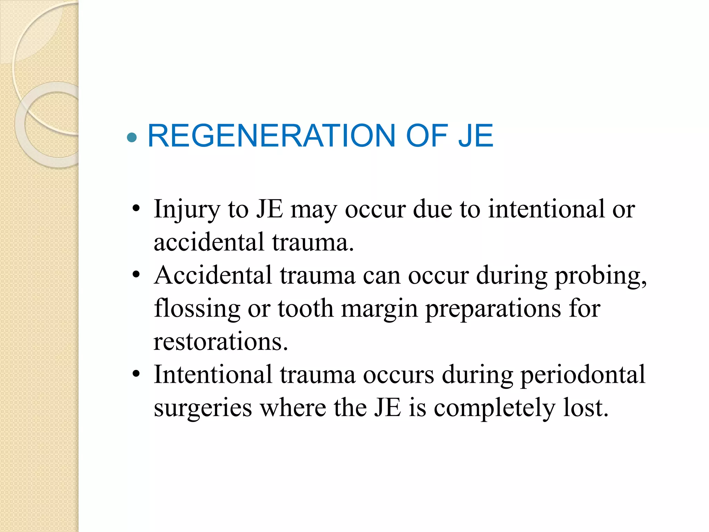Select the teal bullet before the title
point(132,138)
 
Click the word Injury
point(187,210)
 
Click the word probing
point(601,276)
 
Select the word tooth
point(305,308)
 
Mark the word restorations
point(221,342)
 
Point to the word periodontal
point(583,375)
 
